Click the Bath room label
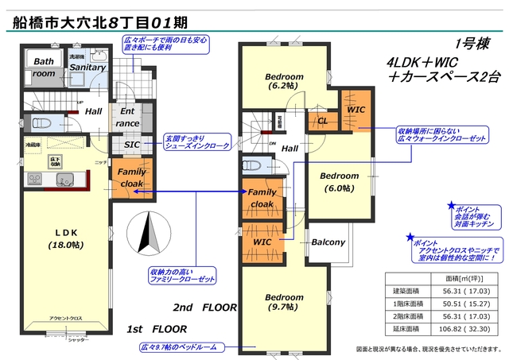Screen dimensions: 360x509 [x=43, y=67]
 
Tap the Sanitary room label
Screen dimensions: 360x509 [x=87, y=68]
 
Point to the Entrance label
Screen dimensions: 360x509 [x=127, y=118]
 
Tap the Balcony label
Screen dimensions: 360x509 [x=328, y=242]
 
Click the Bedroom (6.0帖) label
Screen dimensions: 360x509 [x=340, y=180]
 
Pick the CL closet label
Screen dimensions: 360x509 [x=322, y=122]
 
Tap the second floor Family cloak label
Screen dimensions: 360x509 [x=262, y=198]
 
